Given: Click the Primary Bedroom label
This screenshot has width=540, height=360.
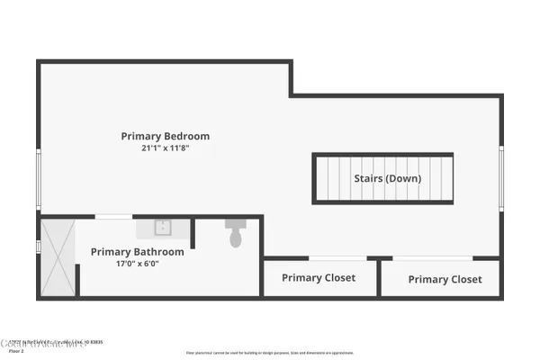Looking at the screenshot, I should [166, 137].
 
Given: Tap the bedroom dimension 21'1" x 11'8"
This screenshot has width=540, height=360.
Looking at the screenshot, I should [166, 149].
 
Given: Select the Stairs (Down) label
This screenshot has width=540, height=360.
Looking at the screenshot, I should [387, 178].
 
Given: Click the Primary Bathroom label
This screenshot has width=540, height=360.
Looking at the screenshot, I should [138, 252].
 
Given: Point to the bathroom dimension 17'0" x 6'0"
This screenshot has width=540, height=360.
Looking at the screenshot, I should [138, 265].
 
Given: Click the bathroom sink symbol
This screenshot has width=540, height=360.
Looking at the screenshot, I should [163, 228].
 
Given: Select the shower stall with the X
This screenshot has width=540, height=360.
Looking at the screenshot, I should [58, 256].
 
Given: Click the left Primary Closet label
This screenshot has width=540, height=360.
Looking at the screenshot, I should [319, 278].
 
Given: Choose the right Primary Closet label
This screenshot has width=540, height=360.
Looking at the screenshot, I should [445, 279].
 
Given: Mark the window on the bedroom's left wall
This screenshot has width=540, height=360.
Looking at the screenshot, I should [38, 180].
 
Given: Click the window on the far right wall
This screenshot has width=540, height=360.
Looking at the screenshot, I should [501, 178].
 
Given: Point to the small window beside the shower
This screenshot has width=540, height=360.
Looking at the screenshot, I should [38, 246].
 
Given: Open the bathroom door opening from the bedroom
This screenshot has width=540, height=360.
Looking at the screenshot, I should [113, 216].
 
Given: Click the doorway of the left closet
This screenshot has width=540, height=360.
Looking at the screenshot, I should [331, 259].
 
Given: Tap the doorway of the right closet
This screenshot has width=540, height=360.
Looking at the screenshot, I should [433, 259].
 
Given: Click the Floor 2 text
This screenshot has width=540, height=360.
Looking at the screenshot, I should [17, 352].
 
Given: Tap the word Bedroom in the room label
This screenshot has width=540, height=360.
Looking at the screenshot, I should [186, 137].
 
